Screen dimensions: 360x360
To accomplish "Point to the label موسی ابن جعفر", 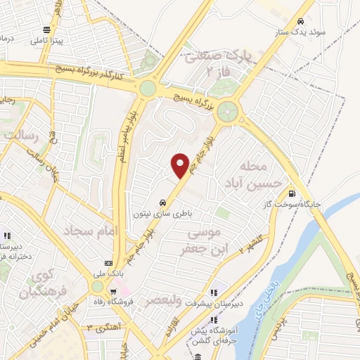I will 202,240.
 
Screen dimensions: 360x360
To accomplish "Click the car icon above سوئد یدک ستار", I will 301,21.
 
